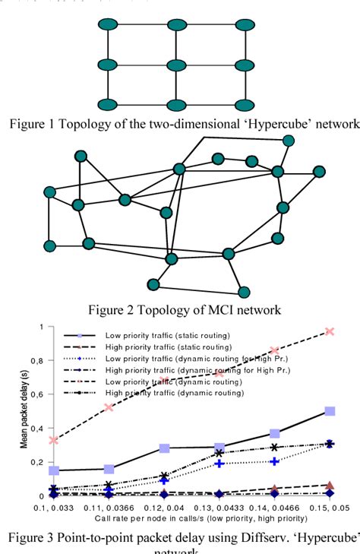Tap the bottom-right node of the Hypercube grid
tap(245, 103)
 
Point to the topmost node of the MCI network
tap(287, 141)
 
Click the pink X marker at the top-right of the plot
tap(330, 331)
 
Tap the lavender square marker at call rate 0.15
tap(330, 411)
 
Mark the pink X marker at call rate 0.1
tap(52, 440)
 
